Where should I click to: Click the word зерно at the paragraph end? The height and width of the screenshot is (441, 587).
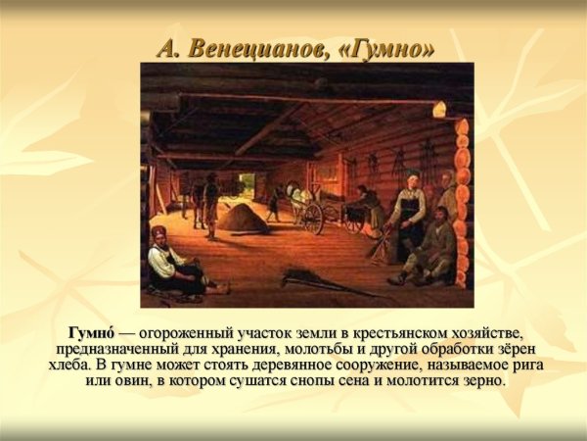482,380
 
